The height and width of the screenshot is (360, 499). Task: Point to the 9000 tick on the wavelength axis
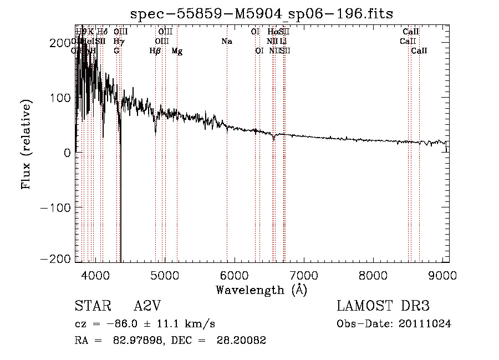(442, 275)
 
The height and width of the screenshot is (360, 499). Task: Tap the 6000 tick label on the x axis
(234, 275)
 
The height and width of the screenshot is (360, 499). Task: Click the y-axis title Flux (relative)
(26, 144)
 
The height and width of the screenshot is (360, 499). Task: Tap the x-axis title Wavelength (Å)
(261, 290)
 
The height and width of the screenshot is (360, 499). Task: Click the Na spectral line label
(226, 42)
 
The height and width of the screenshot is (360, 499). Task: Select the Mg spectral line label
(177, 51)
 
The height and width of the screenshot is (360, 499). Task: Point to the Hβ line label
(155, 51)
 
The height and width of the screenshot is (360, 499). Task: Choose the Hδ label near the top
(103, 32)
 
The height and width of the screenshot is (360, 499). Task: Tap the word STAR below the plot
(92, 307)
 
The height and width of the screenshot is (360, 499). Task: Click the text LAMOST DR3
(383, 307)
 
